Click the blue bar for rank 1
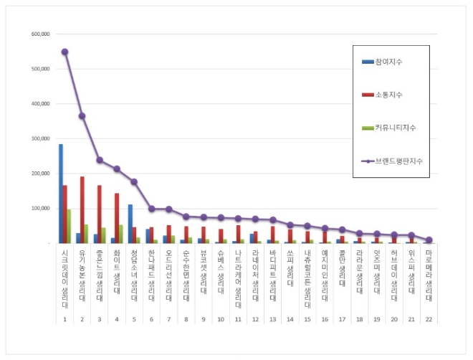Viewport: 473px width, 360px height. tap(61, 194)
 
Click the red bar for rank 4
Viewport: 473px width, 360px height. tap(117, 218)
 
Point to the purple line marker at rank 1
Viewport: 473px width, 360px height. tap(64, 52)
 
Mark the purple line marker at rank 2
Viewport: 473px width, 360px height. tap(82, 116)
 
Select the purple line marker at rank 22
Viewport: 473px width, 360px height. tap(429, 240)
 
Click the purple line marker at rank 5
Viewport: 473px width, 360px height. tap(134, 182)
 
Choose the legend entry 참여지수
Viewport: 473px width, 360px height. tap(387, 62)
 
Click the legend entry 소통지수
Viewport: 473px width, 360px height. tap(387, 94)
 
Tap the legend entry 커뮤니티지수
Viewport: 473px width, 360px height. tap(393, 127)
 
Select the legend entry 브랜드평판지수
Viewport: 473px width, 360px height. tap(397, 161)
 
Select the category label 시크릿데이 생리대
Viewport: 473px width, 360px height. tap(64, 280)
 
